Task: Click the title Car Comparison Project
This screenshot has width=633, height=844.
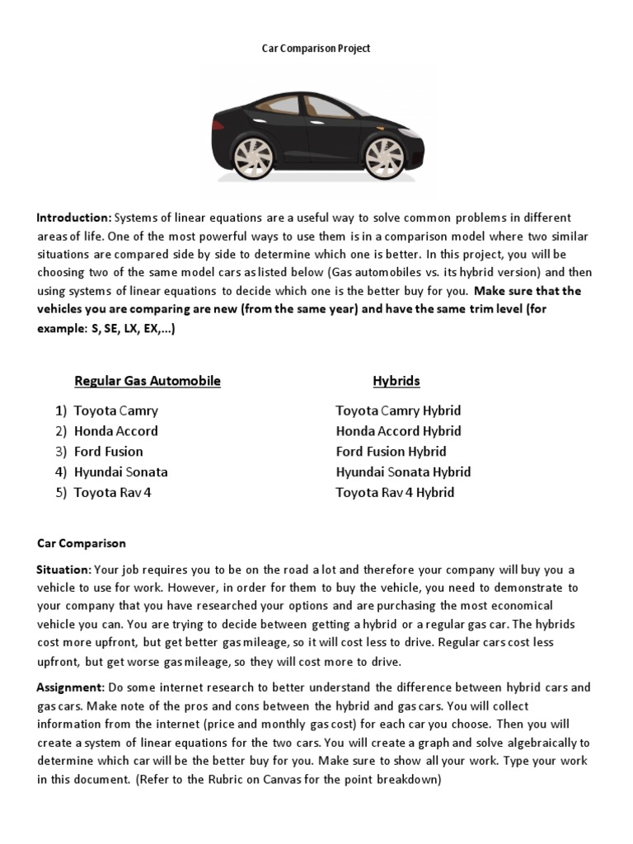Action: pos(316,49)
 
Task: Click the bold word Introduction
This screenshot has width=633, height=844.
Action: pos(73,218)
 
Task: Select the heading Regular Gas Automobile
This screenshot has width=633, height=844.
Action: pos(148,381)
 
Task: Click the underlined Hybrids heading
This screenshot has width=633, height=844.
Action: pos(396,381)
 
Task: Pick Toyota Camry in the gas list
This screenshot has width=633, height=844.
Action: pos(115,410)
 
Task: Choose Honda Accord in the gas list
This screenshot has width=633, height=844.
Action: pos(115,431)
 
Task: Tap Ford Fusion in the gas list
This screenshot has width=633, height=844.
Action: pos(108,452)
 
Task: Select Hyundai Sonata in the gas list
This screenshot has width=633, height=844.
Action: pos(120,472)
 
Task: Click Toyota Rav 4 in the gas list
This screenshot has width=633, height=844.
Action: pos(113,493)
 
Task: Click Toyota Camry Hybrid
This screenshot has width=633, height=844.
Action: pos(398,410)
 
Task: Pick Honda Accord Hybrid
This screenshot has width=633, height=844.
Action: pos(398,431)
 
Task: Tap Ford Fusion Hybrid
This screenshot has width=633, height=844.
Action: pos(391,452)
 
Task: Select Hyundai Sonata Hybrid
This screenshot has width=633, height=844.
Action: pos(403,472)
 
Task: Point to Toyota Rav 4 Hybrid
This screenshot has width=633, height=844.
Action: pos(395,493)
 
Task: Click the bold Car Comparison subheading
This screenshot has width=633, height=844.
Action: pos(82,543)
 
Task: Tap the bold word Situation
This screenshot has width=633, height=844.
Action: pos(64,570)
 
